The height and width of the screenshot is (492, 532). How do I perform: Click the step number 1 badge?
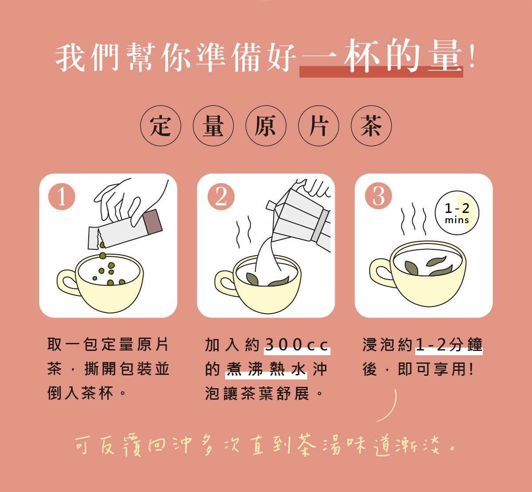tap(62, 197)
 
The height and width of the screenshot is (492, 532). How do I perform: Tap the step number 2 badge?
tap(221, 197)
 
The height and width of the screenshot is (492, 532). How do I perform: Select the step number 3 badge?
tap(379, 197)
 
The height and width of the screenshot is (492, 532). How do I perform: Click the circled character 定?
tap(161, 126)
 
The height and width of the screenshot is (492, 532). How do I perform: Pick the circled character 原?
tap(266, 126)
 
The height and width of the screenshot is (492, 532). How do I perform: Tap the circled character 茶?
tap(371, 126)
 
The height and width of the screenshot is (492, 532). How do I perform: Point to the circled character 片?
tap(318, 126)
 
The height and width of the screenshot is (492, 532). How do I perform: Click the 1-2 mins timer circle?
tap(457, 213)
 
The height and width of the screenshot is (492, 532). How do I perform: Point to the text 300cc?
tap(297, 345)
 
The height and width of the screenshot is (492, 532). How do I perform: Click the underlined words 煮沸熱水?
tap(266, 369)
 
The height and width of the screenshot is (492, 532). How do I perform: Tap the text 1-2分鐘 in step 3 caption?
tap(449, 345)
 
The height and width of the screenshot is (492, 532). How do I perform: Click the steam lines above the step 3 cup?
tap(413, 219)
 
